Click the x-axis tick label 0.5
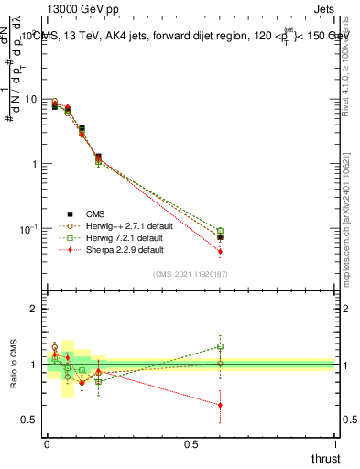[x=191, y=443]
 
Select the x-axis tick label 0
[x=47, y=443]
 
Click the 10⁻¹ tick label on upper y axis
[x=30, y=228]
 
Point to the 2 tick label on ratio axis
[x=35, y=310]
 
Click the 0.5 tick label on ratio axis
[x=31, y=420]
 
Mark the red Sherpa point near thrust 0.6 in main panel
[x=220, y=251]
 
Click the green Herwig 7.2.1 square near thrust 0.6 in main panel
[x=220, y=231]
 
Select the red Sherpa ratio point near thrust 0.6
[x=220, y=405]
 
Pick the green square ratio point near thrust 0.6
[x=220, y=346]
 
